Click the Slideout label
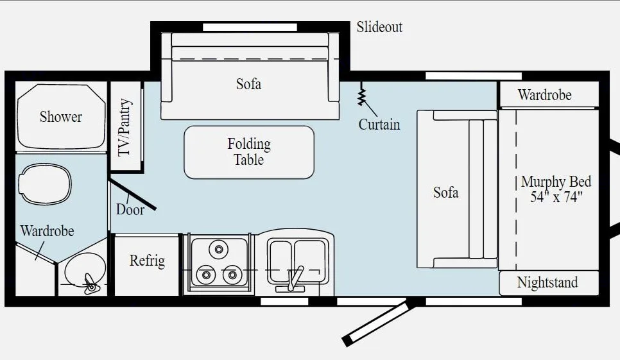coord(379,27)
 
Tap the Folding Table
coord(249,152)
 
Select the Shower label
coord(61,117)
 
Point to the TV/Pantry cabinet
coord(125,127)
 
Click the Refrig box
coord(147,261)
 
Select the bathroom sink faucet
coord(90,283)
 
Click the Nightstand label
coord(547,282)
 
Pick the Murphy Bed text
coord(556,189)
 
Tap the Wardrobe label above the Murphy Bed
coord(544,95)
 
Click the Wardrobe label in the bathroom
coord(47,231)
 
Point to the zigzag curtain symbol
coord(362,95)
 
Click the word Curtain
coord(379,124)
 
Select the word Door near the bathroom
coord(130,209)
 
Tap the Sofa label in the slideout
coord(248,84)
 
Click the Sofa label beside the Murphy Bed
coord(445,192)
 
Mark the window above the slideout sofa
coord(250,27)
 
